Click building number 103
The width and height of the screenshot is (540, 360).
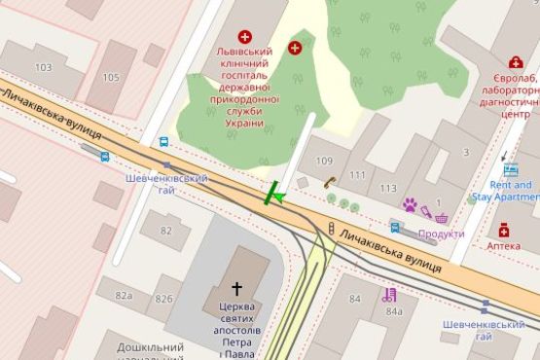click(x=42, y=67)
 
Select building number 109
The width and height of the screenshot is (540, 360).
click(x=325, y=160)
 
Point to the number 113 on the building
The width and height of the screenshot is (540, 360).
click(x=388, y=188)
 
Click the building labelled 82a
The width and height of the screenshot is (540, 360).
click(x=124, y=295)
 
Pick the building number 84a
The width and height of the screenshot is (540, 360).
click(x=394, y=311)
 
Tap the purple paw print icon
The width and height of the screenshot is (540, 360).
click(x=411, y=205)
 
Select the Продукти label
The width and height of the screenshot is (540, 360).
click(x=441, y=234)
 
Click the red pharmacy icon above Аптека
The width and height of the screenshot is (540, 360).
click(x=503, y=230)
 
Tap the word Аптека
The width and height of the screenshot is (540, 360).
click(x=503, y=246)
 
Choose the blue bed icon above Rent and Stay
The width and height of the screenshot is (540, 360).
click(x=510, y=168)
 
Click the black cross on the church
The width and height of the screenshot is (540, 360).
click(x=236, y=288)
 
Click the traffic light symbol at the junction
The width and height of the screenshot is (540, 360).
click(x=331, y=229)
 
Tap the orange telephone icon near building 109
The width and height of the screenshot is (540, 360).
click(x=331, y=181)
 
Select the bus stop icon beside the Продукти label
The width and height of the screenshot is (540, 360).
click(x=395, y=229)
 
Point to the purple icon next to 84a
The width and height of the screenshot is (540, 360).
click(x=390, y=294)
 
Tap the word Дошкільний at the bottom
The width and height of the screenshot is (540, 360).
click(x=151, y=346)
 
